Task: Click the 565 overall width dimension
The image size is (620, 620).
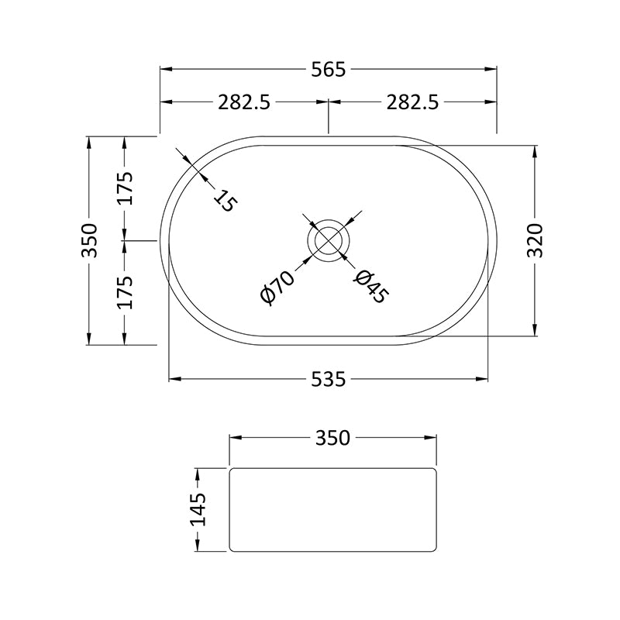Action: tap(328, 70)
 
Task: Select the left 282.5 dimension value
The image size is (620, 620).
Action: tap(244, 103)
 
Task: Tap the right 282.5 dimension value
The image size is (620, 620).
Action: tap(412, 103)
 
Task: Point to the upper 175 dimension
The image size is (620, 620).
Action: tap(125, 188)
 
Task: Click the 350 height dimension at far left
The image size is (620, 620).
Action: tap(89, 240)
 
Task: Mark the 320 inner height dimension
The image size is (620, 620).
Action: tap(536, 240)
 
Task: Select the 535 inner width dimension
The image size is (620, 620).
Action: tap(328, 380)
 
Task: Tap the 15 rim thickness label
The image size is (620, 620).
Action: tap(225, 200)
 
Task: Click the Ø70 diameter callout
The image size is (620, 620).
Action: tap(277, 288)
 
